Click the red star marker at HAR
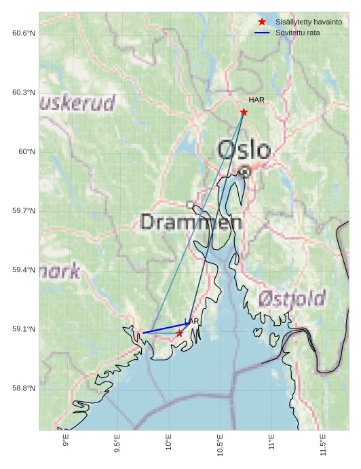(244, 112)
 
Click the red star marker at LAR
(179, 333)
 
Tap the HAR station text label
(256, 100)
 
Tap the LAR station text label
(192, 321)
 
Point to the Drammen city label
(191, 222)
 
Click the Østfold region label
(292, 298)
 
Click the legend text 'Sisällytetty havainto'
(308, 22)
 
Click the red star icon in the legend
(262, 22)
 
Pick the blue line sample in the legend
(262, 33)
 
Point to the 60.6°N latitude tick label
(24, 33)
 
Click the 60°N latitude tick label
(26, 151)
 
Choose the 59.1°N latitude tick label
(24, 329)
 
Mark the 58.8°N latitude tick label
(24, 388)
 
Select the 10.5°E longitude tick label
(220, 445)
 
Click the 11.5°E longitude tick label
(323, 445)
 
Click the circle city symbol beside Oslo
(245, 172)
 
